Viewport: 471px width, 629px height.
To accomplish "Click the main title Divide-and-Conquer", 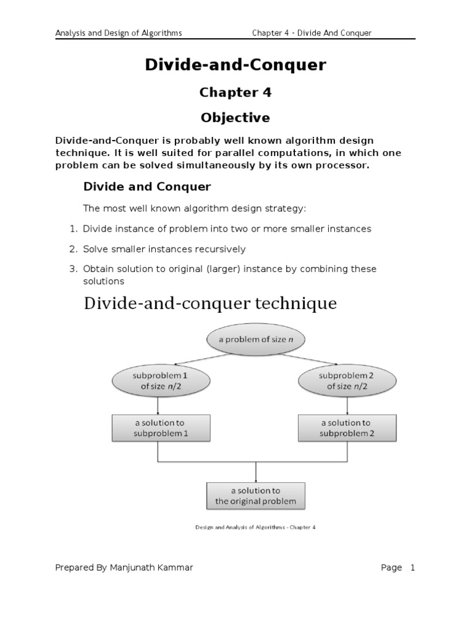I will (235, 64).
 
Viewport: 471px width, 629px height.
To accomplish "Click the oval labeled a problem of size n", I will (255, 339).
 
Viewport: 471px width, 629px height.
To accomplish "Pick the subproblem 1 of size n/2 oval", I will (159, 380).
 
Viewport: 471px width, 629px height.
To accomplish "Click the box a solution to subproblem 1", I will (161, 428).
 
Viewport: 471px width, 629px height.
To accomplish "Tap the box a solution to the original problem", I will (255, 495).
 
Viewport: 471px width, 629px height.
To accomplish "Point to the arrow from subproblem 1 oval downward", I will (159, 405).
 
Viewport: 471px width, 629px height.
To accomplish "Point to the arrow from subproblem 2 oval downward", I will (348, 405).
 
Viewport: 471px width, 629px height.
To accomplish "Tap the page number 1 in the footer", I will (413, 568).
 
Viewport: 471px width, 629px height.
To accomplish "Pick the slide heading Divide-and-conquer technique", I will (210, 303).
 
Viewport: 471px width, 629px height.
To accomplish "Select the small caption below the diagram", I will (255, 526).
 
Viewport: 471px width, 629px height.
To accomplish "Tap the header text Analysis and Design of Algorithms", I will (118, 33).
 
